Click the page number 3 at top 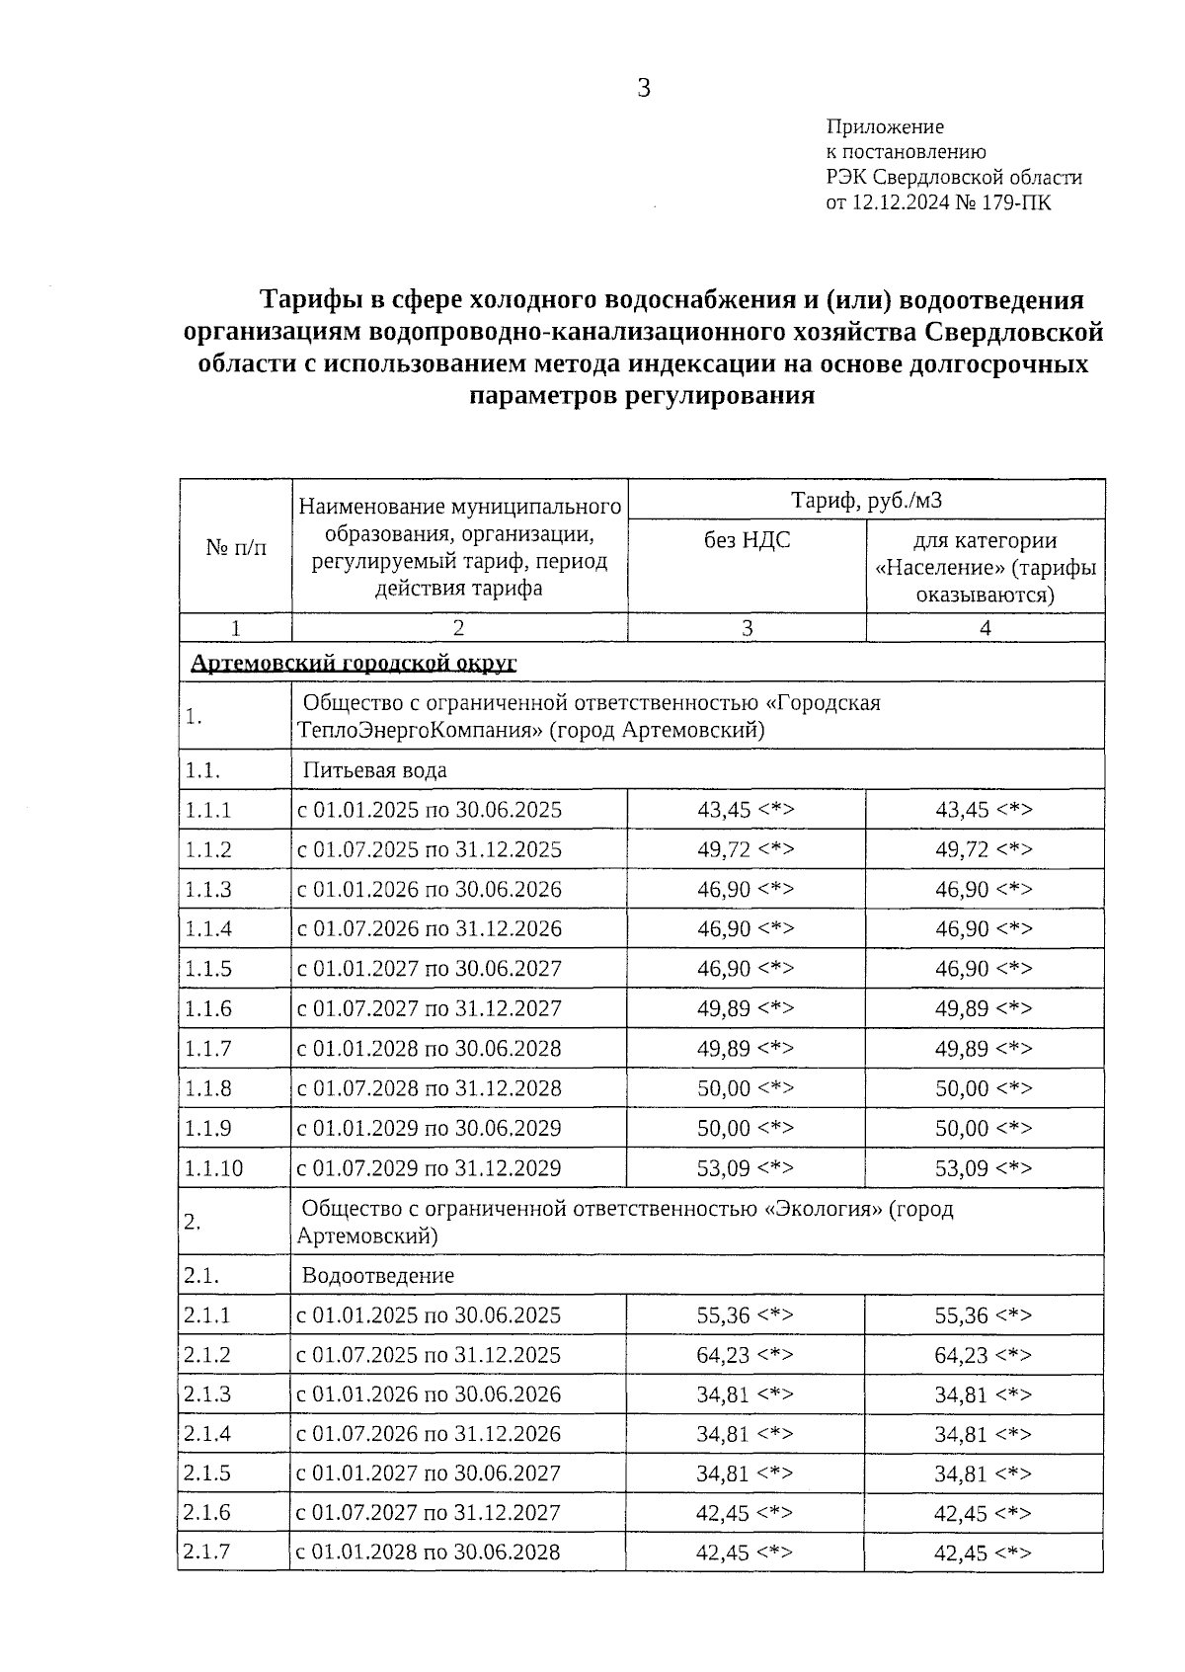tap(643, 89)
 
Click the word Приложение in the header tap(884, 126)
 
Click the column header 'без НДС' tap(747, 540)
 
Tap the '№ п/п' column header tap(236, 547)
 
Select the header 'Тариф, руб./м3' tap(866, 500)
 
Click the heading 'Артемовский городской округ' tap(354, 662)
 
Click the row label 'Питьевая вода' tap(374, 769)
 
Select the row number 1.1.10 tap(213, 1168)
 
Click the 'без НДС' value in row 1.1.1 tap(746, 810)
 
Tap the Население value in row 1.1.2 tap(984, 849)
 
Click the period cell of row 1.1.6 tap(429, 1008)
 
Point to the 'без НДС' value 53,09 tap(746, 1168)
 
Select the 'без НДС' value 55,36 tap(745, 1315)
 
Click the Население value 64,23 tap(983, 1355)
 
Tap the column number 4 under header tap(985, 627)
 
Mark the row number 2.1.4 tap(207, 1433)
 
